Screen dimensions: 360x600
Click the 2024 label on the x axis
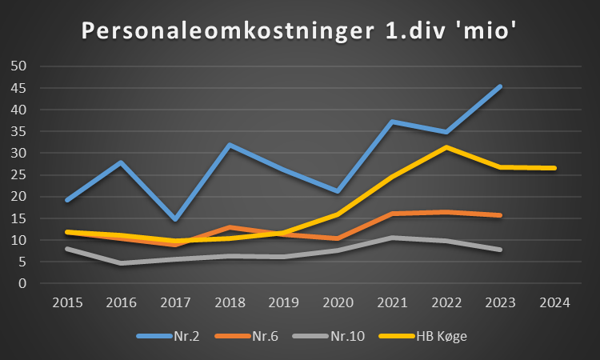coord(554,302)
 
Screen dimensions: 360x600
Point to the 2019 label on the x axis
coord(283,302)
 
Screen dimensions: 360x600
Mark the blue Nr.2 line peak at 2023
coord(500,86)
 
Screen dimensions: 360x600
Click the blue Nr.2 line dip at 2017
coord(175,219)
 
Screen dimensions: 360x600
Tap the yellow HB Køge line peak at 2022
coord(446,147)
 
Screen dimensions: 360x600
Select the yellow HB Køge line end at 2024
coord(554,168)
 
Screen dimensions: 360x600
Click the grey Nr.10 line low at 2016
coord(121,262)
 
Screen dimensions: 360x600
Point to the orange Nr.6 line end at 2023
coord(500,215)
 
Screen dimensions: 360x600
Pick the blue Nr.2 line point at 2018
coord(230,145)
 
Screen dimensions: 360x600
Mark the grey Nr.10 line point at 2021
coord(392,238)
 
